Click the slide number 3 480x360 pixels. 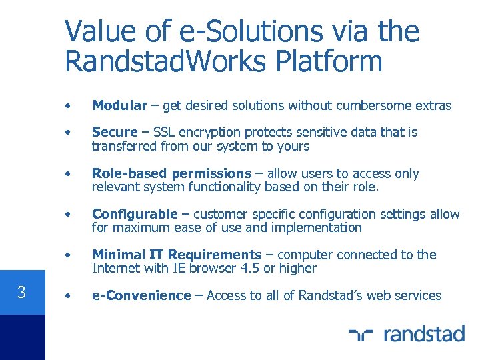click(x=21, y=292)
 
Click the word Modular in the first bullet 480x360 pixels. click(x=119, y=105)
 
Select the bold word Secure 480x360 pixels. click(x=114, y=132)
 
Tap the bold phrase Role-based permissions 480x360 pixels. click(x=171, y=173)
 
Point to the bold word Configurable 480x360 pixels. click(x=135, y=214)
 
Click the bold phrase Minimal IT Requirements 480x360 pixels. click(x=177, y=255)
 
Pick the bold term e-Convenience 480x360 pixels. click(x=141, y=295)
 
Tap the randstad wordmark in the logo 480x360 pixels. click(x=424, y=333)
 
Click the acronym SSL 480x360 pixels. click(x=165, y=132)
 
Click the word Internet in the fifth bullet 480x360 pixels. click(x=115, y=268)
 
